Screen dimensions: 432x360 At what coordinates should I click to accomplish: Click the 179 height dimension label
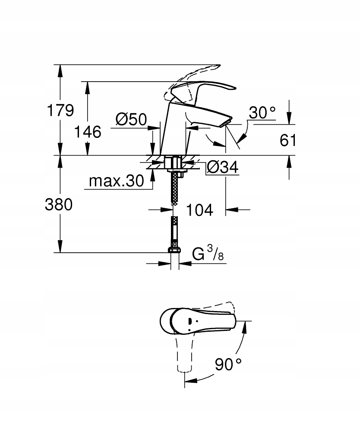(60, 111)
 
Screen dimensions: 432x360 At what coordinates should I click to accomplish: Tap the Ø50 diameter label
(132, 119)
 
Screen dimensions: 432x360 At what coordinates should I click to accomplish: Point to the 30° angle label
(262, 113)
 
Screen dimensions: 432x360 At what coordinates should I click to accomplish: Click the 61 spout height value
(288, 140)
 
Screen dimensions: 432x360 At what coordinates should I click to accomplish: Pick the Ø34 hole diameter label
(222, 167)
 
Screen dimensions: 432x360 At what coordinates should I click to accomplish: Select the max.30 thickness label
(116, 181)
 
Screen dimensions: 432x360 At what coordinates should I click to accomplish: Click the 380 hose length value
(59, 205)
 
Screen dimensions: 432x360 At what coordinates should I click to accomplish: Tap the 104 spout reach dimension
(199, 210)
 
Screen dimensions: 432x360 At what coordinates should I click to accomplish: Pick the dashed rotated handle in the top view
(184, 354)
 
